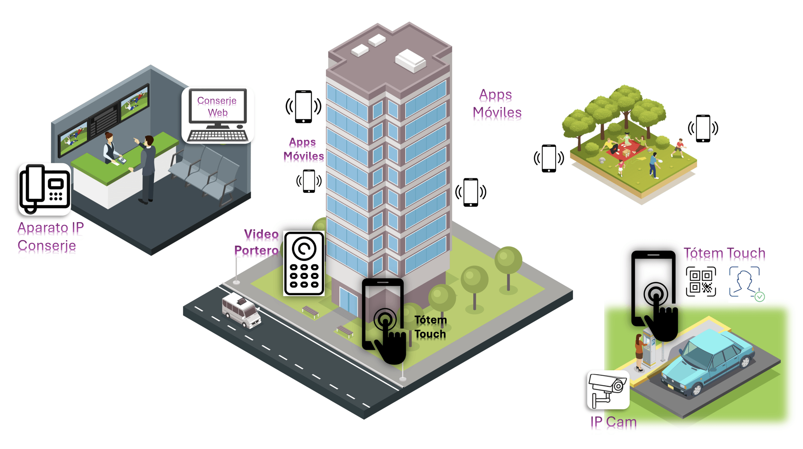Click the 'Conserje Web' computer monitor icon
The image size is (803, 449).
[217, 115]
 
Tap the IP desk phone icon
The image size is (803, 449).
[45, 189]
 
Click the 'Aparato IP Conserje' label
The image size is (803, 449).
[50, 237]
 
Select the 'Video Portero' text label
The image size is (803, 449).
[257, 242]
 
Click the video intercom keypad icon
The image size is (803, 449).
[304, 264]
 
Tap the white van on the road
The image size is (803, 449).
[241, 311]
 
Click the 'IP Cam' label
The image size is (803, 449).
[613, 422]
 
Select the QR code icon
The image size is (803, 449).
[700, 281]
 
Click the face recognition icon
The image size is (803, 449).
[745, 282]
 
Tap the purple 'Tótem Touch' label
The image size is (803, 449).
[724, 253]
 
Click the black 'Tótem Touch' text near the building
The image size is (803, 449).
[430, 327]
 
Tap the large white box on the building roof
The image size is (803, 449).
[410, 60]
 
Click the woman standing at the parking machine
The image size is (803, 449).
[639, 351]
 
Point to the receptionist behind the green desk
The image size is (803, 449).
[110, 147]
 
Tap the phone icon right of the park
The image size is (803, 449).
[703, 128]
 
